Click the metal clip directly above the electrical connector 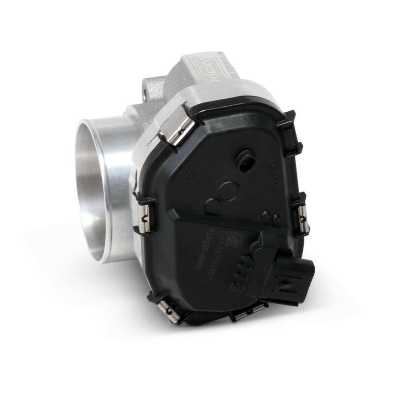tap(300, 217)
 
